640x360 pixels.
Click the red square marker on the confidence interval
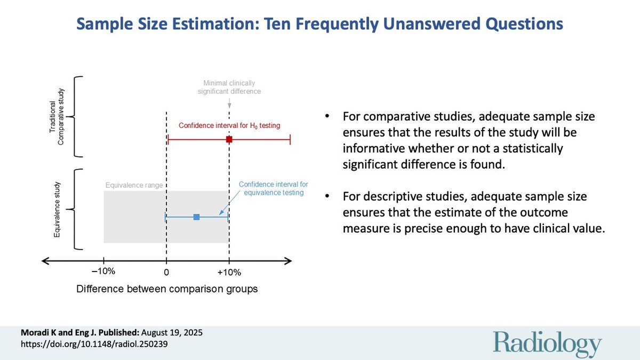click(x=229, y=140)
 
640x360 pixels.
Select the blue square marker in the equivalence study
click(x=196, y=217)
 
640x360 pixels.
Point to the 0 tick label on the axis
click(x=166, y=272)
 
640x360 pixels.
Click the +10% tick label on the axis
click(x=229, y=272)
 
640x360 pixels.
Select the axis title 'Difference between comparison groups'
click(x=167, y=289)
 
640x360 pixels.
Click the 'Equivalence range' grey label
click(x=133, y=186)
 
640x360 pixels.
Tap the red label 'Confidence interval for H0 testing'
click(x=229, y=125)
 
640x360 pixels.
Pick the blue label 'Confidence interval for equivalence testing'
click(x=273, y=188)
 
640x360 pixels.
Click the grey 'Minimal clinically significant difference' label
click(x=229, y=87)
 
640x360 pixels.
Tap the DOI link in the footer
click(x=86, y=345)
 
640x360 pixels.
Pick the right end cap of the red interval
click(x=290, y=140)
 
